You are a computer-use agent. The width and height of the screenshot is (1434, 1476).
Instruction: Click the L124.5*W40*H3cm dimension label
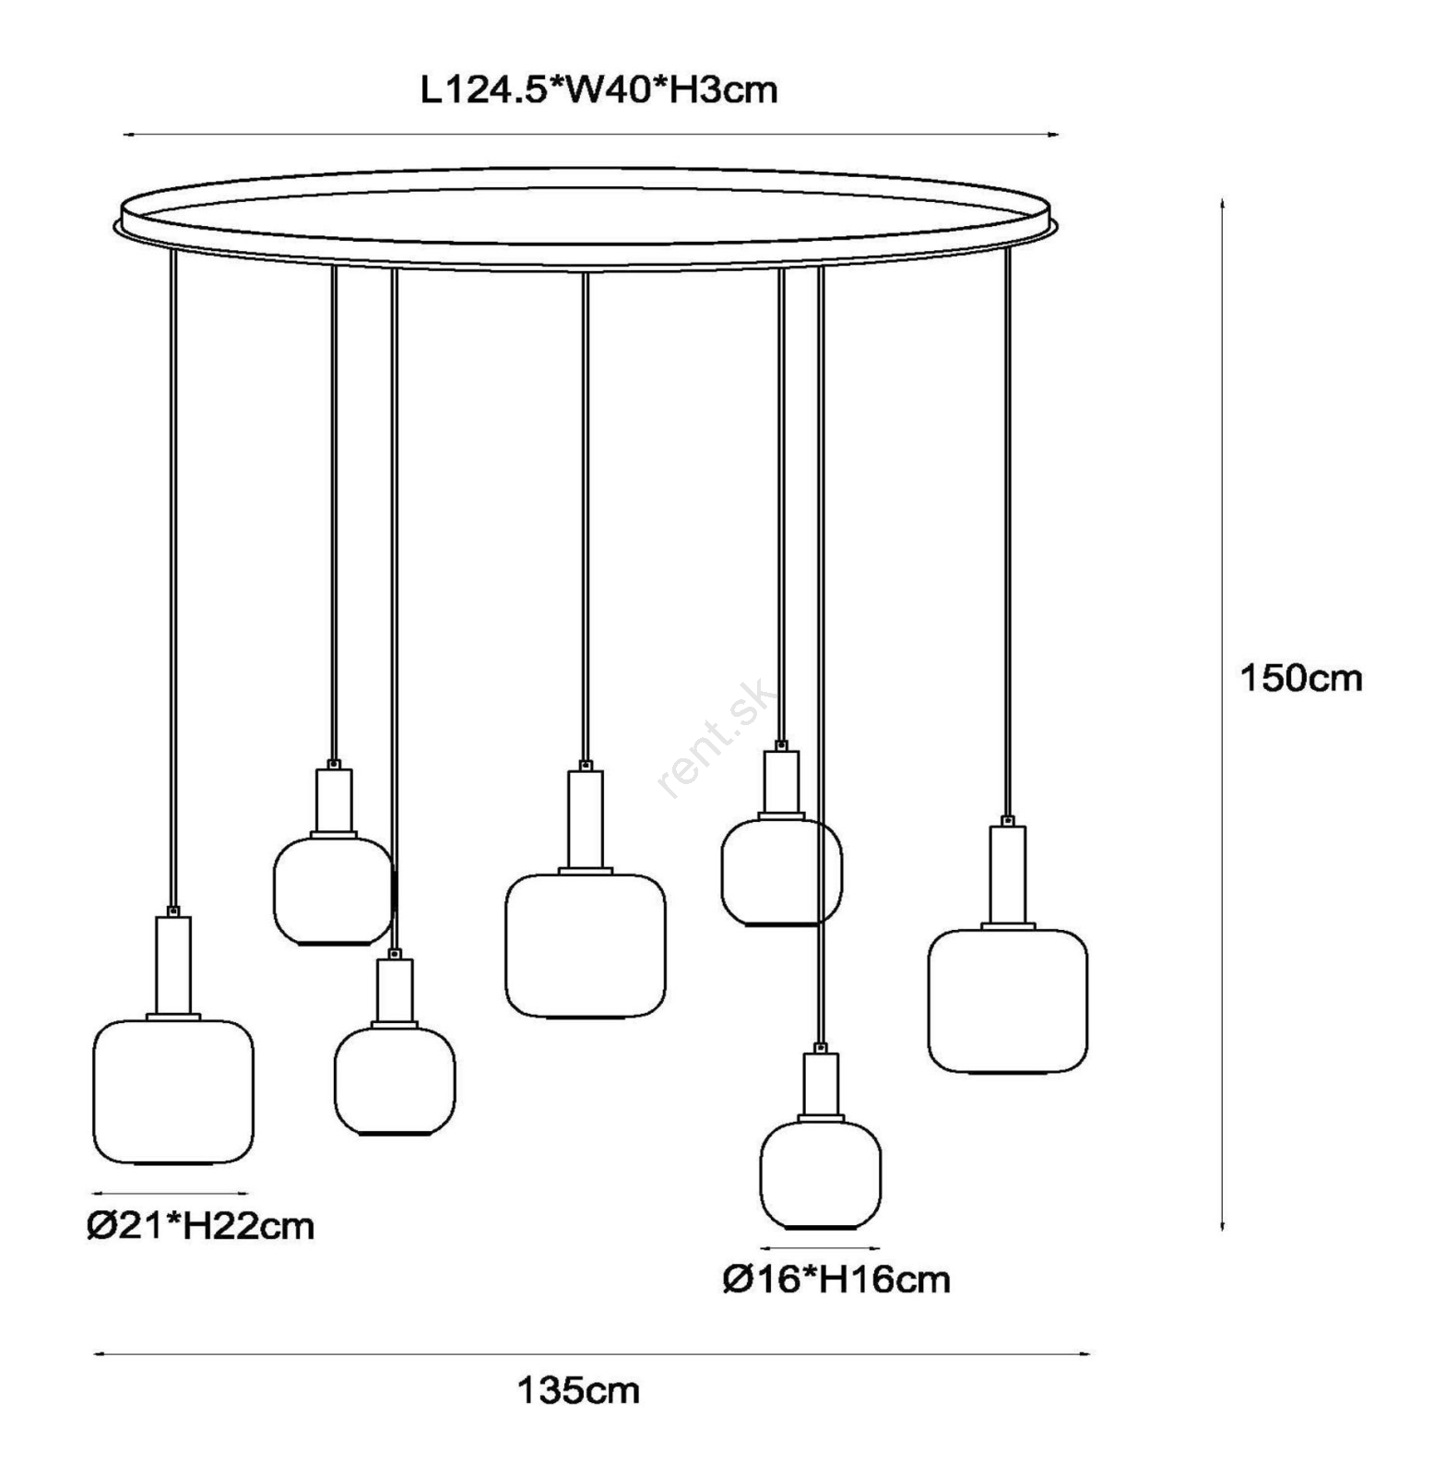(598, 90)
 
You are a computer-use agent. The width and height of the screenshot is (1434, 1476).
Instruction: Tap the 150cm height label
(1300, 678)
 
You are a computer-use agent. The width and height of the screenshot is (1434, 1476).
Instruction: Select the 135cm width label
(578, 1390)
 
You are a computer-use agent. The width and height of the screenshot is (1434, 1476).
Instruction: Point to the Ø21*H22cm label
(201, 1226)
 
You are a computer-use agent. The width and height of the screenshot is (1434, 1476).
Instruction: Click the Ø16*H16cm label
(836, 1280)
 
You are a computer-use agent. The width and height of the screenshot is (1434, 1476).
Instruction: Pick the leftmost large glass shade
(173, 1091)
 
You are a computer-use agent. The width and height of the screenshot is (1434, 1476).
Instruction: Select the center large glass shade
(586, 946)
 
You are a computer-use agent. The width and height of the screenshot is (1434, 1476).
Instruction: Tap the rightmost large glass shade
(1008, 1001)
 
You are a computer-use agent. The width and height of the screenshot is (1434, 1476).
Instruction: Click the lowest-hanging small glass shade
(821, 1175)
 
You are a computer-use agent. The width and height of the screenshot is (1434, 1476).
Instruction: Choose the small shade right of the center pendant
(781, 872)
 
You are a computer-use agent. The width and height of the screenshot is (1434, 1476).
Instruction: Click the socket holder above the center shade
(586, 818)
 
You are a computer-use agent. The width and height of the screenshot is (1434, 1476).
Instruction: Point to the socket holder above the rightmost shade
(1008, 874)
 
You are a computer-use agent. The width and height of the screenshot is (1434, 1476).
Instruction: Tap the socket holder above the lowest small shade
(821, 1085)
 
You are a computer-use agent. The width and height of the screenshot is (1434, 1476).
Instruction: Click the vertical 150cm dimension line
(1223, 714)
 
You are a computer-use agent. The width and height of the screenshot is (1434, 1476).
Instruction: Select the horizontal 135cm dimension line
(592, 1354)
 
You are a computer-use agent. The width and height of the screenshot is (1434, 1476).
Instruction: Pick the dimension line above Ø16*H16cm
(821, 1249)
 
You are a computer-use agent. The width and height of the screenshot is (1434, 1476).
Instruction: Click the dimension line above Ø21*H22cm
(172, 1194)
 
